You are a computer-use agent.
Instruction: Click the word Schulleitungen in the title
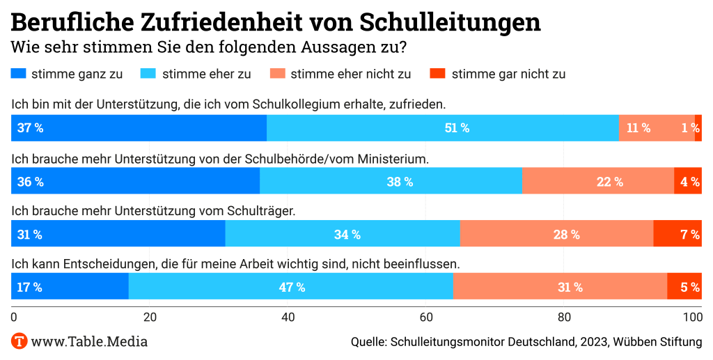[x=450, y=22]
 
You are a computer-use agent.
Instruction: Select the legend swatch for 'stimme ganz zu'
[x=18, y=73]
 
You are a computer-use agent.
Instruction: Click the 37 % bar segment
[x=139, y=127]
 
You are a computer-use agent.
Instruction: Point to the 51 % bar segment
[x=442, y=127]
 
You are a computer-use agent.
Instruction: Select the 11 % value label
[x=638, y=128]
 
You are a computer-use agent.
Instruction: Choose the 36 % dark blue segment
[x=135, y=181]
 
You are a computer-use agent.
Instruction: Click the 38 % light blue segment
[x=391, y=181]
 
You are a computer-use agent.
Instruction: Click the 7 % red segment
[x=677, y=234]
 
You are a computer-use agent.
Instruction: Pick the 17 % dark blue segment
[x=70, y=286]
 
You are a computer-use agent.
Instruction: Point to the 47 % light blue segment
[x=291, y=286]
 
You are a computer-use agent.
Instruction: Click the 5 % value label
[x=689, y=287]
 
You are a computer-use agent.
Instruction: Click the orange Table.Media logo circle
[x=19, y=341]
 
